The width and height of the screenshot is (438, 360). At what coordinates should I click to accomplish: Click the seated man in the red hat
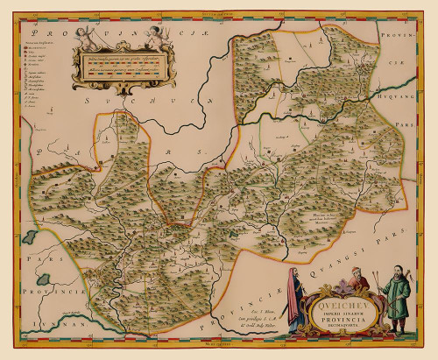coord(357,279)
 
